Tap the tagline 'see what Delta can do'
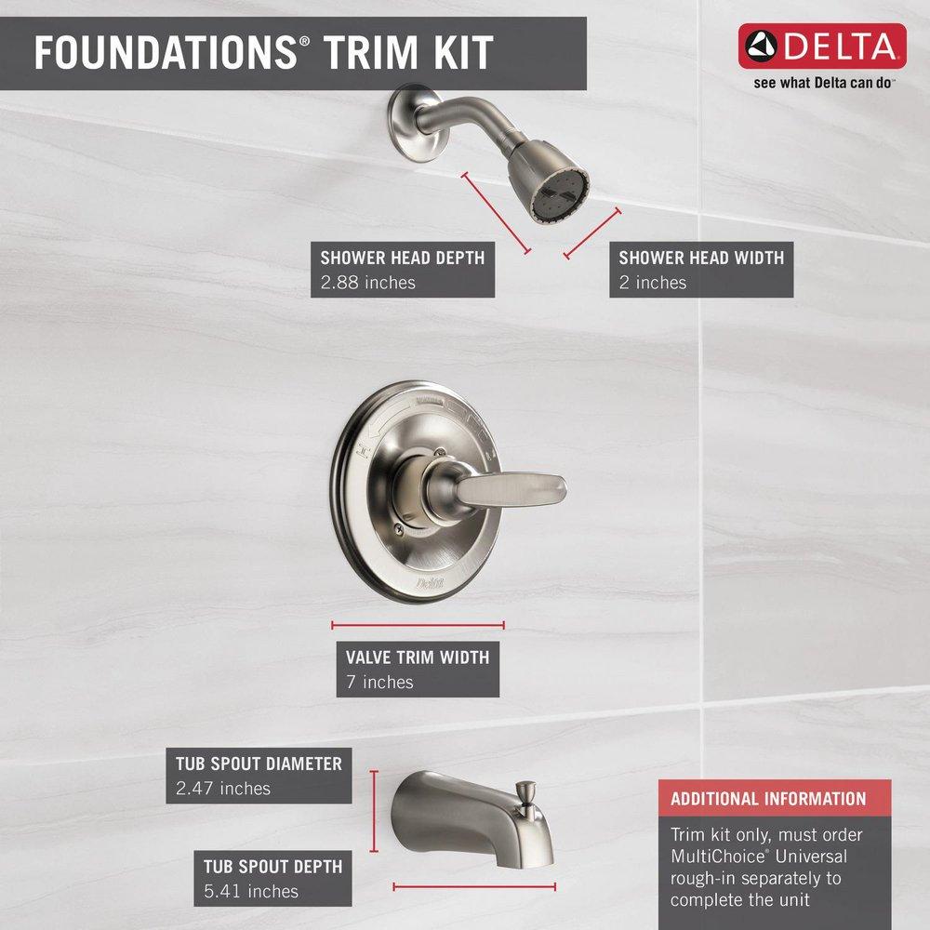(x=823, y=83)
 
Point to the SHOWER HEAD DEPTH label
(x=402, y=258)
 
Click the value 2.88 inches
(x=368, y=282)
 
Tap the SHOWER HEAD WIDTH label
(x=701, y=258)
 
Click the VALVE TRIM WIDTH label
(x=417, y=658)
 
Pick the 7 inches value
(x=379, y=682)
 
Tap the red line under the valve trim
(x=418, y=625)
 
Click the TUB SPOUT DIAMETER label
(x=259, y=764)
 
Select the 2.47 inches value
(x=223, y=789)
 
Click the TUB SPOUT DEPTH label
(x=272, y=867)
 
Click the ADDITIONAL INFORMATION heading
(x=768, y=798)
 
